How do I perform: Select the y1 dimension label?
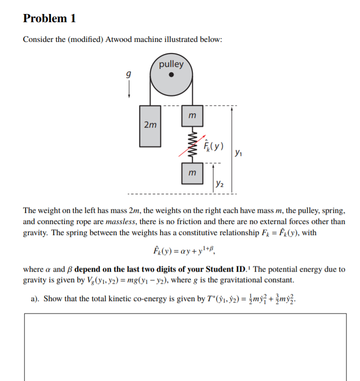[239, 153]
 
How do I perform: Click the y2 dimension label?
[220, 183]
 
